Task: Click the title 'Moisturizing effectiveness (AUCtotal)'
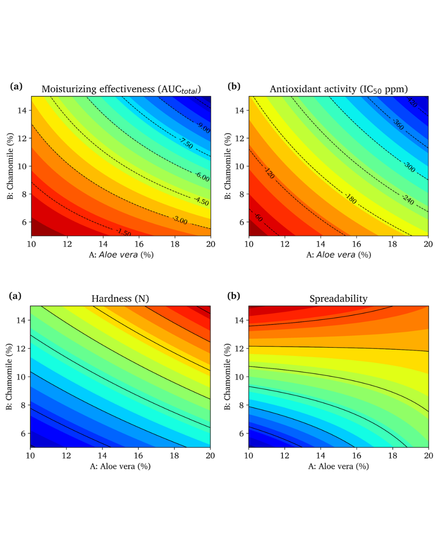click(x=121, y=89)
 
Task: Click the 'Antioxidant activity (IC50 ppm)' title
click(x=339, y=89)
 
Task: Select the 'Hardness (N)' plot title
click(x=120, y=299)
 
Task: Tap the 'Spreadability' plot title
click(x=338, y=299)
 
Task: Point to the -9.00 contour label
click(x=204, y=128)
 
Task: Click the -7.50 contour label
click(x=186, y=143)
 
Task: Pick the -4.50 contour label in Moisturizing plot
click(x=202, y=201)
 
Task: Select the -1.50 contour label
click(x=124, y=233)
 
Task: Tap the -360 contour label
click(x=398, y=124)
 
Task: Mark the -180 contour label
click(x=351, y=198)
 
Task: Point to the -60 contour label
click(x=259, y=218)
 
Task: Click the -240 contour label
click(x=408, y=200)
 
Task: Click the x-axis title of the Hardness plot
click(x=120, y=466)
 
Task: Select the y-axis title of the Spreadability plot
click(x=227, y=376)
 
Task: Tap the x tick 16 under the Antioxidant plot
click(x=356, y=244)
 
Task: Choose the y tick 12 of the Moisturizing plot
click(x=22, y=139)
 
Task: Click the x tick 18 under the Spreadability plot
click(x=392, y=455)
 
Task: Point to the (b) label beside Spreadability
click(x=233, y=296)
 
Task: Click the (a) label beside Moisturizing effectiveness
click(x=16, y=86)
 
